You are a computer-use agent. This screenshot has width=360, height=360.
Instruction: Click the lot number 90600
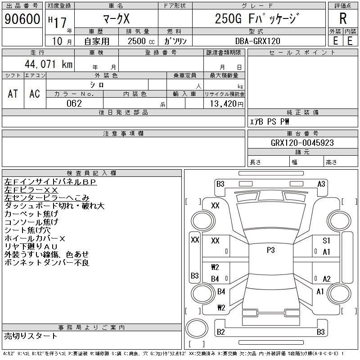click(22, 19)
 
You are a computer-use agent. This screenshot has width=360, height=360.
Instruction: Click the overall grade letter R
click(343, 19)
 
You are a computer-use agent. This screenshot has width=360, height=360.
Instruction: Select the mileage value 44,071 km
click(48, 64)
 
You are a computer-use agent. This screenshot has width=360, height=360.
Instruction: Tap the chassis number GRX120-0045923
click(302, 143)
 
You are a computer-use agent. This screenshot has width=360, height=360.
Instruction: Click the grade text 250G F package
click(258, 19)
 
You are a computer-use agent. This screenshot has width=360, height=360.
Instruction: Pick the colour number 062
click(74, 103)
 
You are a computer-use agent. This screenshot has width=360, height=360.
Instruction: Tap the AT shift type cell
click(13, 94)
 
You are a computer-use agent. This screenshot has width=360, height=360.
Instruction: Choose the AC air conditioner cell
click(35, 94)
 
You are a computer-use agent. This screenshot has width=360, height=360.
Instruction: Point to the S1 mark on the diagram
click(326, 241)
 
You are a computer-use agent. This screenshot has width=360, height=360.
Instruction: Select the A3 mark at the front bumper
click(321, 184)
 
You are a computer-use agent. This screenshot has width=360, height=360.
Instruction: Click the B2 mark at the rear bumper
click(220, 332)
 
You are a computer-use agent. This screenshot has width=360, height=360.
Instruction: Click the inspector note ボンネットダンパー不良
click(46, 262)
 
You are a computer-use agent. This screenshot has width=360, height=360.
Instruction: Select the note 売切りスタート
click(31, 336)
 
